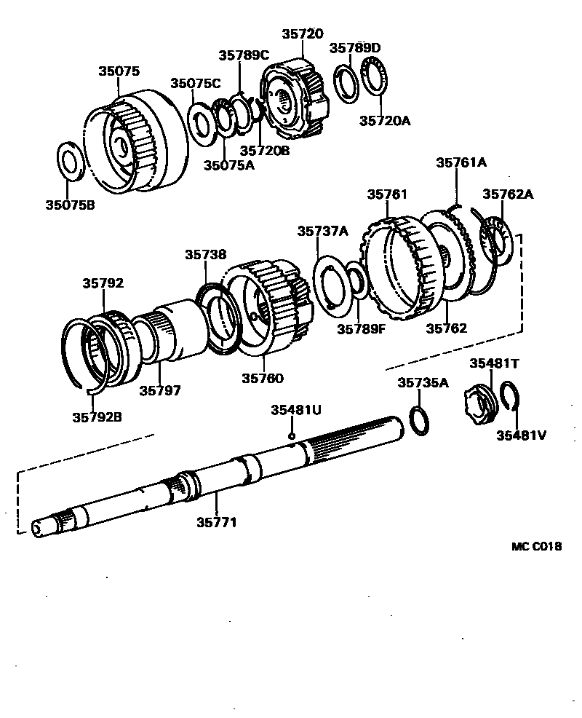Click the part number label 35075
(119, 71)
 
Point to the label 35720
(302, 33)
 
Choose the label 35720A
(385, 121)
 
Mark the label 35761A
(461, 163)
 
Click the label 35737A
(322, 231)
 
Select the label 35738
(205, 255)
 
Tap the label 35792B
(97, 417)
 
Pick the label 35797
(160, 390)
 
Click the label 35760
(263, 378)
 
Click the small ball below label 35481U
(291, 435)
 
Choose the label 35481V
(521, 435)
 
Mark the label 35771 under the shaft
(217, 521)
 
